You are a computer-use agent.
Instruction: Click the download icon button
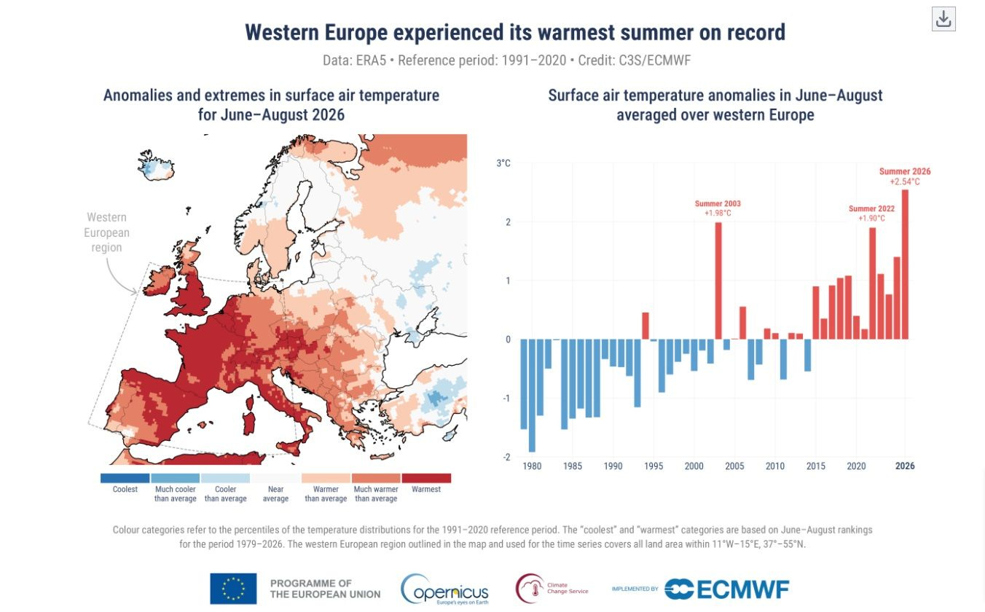943,19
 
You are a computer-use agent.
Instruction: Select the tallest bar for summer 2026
905,264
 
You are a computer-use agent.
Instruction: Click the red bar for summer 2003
718,280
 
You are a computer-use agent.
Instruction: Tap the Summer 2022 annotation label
871,213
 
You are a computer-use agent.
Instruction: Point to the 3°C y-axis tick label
503,163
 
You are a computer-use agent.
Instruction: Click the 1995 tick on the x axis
654,466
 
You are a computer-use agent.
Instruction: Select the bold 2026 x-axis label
905,466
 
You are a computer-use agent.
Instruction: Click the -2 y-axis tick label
506,458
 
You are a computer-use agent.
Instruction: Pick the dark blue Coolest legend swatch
125,478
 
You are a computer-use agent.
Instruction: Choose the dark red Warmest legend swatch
426,478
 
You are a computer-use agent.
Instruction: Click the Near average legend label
275,494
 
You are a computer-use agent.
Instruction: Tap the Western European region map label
106,232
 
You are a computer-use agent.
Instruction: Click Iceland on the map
156,165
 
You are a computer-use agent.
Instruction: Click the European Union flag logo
233,588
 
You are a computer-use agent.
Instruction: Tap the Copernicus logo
444,589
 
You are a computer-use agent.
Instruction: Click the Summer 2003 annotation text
718,208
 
